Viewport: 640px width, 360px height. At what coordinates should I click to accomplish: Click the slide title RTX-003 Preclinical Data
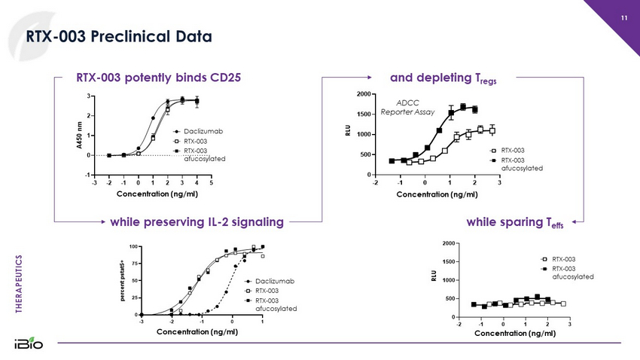point(119,35)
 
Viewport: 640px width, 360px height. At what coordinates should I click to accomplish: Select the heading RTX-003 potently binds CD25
point(159,77)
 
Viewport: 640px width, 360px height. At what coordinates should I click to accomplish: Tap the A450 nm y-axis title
point(80,136)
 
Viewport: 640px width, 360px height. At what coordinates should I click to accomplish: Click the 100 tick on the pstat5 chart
point(133,247)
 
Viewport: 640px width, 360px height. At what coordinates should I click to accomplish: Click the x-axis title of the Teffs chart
point(514,334)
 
